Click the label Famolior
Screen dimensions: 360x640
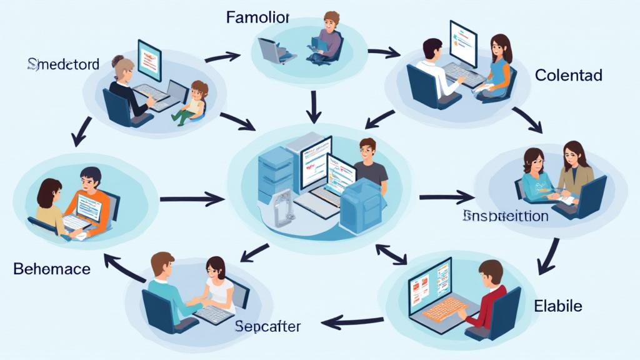pos(257,17)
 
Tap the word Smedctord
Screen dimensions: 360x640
pos(63,64)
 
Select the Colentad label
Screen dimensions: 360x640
pos(568,76)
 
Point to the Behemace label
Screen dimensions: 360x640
pos(52,269)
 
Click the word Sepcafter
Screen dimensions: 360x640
pos(268,326)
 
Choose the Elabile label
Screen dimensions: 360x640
pos(558,306)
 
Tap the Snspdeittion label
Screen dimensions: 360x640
pos(506,216)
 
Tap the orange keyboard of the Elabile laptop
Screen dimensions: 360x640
pos(446,307)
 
